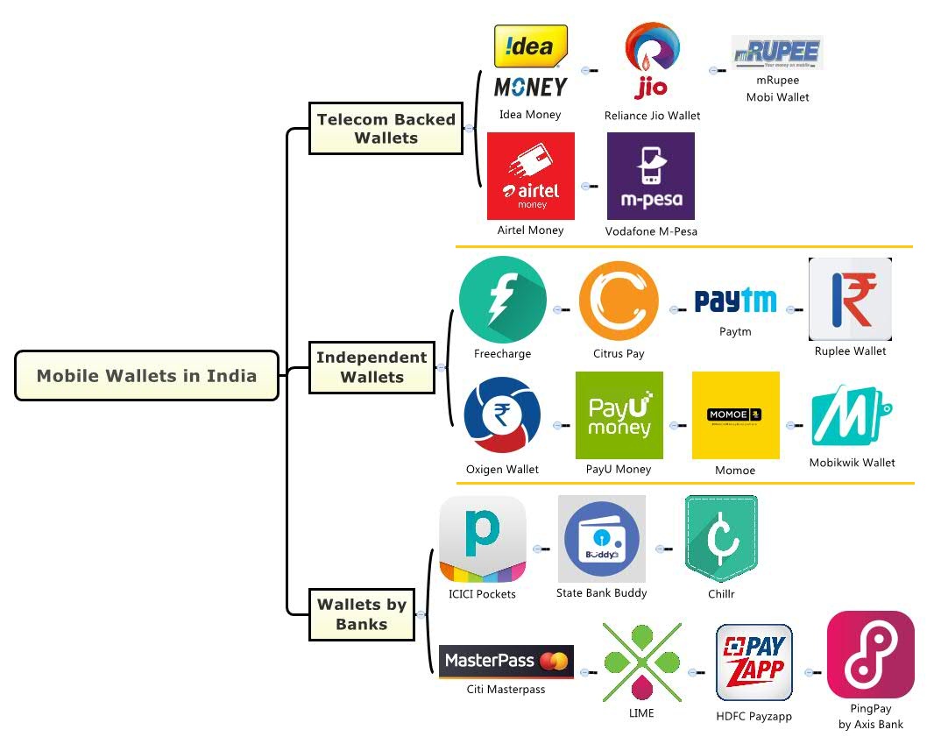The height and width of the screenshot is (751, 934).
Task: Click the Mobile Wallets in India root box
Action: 146,376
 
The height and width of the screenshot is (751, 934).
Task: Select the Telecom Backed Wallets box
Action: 386,128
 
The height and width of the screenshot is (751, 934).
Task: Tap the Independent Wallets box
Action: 371,367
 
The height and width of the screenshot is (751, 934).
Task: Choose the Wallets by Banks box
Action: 361,613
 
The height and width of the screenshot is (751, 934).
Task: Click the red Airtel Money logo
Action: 531,176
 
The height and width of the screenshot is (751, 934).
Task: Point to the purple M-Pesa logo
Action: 650,176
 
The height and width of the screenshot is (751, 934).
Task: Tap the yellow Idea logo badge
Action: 531,46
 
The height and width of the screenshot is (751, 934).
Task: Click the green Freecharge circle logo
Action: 502,300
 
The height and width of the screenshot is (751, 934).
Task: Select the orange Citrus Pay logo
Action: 619,301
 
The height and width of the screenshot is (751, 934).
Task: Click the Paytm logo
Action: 735,301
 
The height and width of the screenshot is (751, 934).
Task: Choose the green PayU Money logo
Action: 619,415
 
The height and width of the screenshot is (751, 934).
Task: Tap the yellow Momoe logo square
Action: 735,415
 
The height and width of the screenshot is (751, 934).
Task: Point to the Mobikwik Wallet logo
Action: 852,415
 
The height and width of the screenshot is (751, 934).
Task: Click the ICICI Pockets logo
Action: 483,539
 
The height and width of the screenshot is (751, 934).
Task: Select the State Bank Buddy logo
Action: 601,539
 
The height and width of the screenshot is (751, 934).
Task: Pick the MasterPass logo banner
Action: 506,661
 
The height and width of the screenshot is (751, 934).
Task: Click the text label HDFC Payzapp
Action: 754,716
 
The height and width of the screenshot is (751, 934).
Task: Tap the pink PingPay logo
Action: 870,655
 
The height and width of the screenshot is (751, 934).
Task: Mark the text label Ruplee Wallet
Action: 850,351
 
